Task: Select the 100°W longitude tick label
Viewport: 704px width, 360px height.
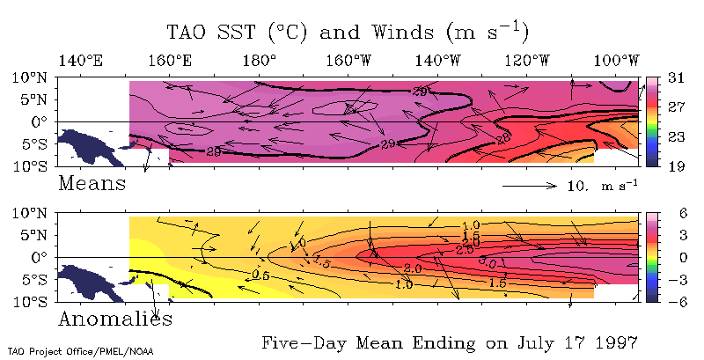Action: pos(617,60)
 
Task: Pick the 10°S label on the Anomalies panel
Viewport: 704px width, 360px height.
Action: pos(31,301)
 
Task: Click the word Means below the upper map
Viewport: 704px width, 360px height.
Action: pos(92,184)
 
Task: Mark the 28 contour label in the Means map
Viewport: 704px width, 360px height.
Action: pos(504,137)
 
